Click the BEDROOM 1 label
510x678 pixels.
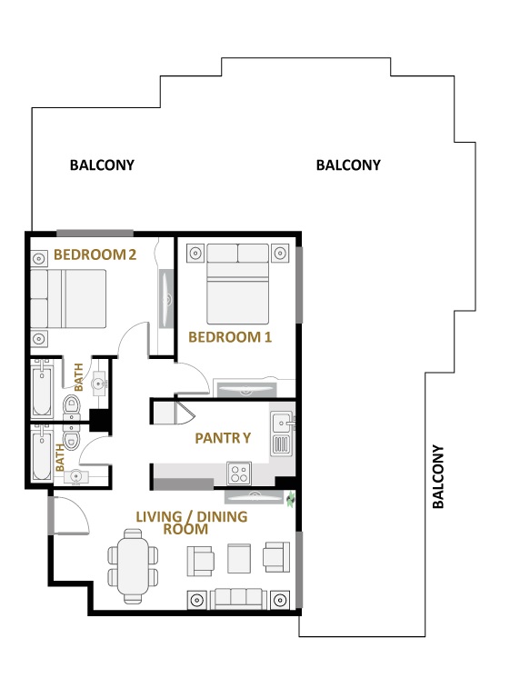(x=230, y=337)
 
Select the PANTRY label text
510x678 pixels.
(x=223, y=438)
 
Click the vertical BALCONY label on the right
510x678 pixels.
(x=438, y=476)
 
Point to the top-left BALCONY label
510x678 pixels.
(x=102, y=165)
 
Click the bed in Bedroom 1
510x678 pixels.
(x=238, y=285)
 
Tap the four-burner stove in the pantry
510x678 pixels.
(x=239, y=473)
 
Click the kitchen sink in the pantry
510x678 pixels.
(x=281, y=423)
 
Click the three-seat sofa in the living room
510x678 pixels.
(x=238, y=599)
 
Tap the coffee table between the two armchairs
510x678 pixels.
(x=238, y=557)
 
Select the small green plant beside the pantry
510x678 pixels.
(x=291, y=499)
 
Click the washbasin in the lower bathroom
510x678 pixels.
(x=76, y=475)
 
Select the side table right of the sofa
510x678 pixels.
(x=281, y=600)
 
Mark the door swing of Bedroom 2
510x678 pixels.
(x=135, y=341)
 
